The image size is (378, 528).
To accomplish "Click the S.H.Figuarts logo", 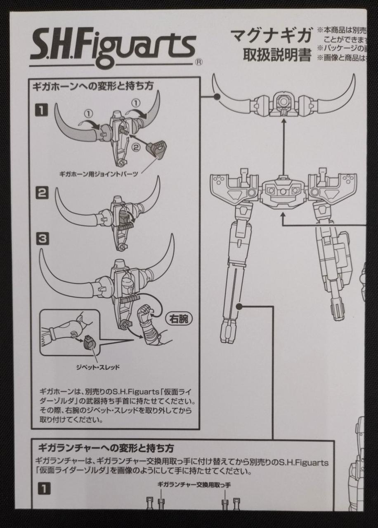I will point(112,47).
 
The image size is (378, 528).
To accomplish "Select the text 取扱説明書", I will point(277,55).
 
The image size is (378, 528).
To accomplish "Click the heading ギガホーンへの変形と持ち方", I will point(93,86).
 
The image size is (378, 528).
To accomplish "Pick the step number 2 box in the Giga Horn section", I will point(42,193).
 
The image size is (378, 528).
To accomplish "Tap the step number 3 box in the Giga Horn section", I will point(42,238).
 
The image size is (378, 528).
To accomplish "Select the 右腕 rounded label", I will point(178,318).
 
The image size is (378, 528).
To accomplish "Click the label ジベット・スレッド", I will point(98,367).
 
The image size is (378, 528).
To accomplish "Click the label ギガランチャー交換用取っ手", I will point(194,485).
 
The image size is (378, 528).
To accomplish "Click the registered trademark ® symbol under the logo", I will point(198,63).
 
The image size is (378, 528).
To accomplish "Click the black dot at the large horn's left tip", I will point(217,97).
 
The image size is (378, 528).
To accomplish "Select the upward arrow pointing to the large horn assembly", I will point(284,140).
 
